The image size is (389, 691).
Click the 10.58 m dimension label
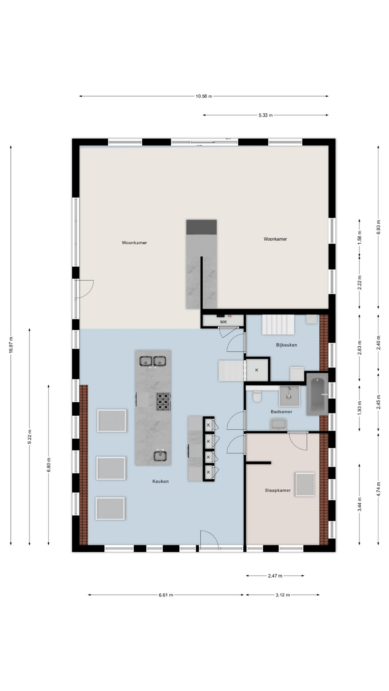(204, 96)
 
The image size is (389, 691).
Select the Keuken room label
(160, 481)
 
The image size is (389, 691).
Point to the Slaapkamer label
(278, 490)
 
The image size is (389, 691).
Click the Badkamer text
(282, 412)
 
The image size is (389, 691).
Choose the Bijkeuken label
(287, 345)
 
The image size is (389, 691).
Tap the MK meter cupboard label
(223, 322)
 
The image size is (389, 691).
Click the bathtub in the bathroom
(317, 394)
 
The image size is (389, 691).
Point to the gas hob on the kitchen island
(163, 402)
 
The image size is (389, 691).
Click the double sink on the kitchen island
(153, 361)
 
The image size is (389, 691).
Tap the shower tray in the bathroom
(289, 396)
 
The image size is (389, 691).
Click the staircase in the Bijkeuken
(278, 324)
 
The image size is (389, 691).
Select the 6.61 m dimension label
(166, 595)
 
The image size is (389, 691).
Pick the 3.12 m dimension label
(283, 595)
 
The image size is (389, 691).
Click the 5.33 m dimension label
(265, 115)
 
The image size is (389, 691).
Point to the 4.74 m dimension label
(378, 489)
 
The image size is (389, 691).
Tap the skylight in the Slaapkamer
(305, 484)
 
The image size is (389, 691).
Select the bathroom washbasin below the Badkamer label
(278, 424)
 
